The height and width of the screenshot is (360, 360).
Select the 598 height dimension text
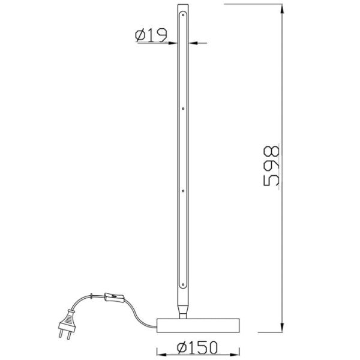point(272,166)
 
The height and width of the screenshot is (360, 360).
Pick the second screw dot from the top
point(184,109)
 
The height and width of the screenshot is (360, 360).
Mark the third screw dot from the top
point(184,191)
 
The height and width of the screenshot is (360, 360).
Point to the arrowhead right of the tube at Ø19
point(193,43)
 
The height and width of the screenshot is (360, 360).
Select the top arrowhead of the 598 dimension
point(283,8)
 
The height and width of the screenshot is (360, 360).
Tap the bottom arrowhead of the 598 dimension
point(283,328)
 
